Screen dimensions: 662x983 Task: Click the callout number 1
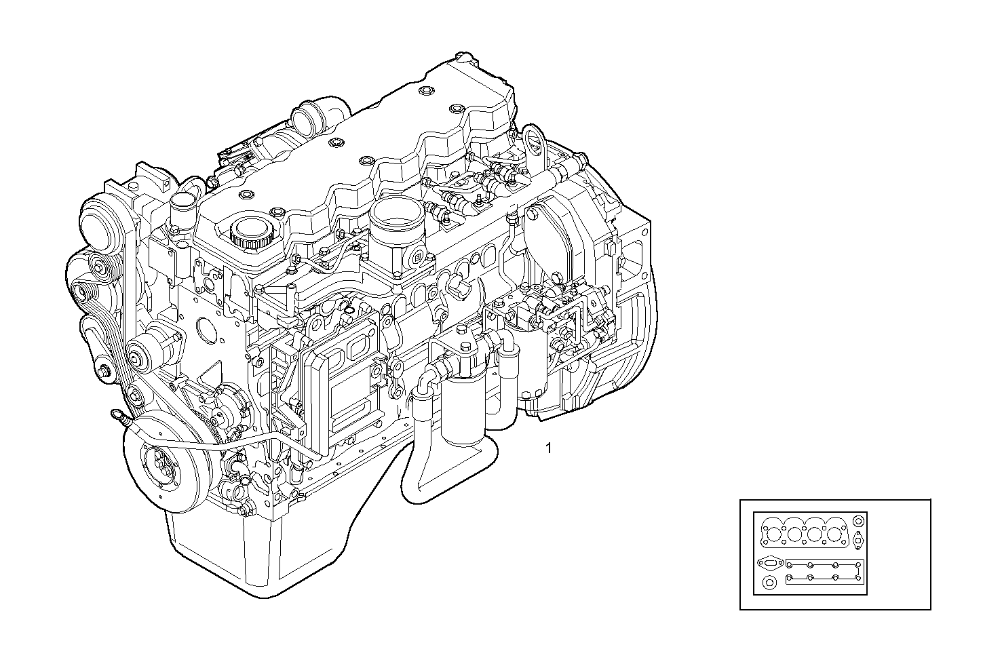coord(548,448)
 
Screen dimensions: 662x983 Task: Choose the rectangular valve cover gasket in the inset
coord(824,571)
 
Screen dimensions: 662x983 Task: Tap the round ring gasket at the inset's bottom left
coord(769,583)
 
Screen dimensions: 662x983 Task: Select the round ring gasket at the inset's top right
coord(858,522)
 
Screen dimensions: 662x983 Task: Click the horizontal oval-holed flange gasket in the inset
coord(770,562)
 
